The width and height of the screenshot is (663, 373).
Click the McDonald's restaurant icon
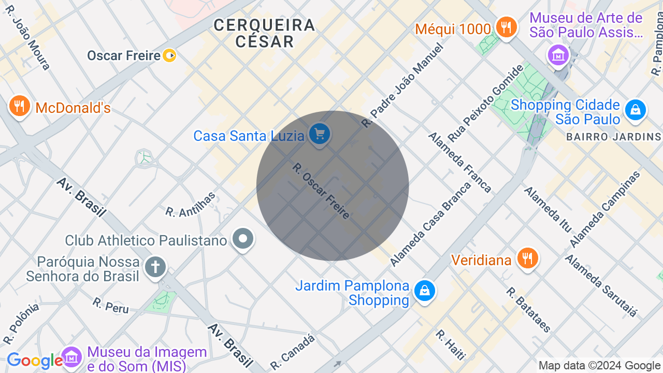pos(19,106)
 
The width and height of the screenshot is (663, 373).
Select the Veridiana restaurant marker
pos(527,258)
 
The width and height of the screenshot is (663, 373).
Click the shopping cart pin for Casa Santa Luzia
pos(320,134)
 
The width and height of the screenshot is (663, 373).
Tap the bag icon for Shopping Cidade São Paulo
pos(635,110)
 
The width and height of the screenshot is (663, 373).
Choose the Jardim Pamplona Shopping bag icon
pos(424,291)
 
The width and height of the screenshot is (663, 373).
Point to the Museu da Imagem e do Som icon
pos(72,357)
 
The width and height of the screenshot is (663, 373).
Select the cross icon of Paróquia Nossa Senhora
pos(155,267)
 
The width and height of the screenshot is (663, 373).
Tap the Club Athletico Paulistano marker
pos(242,239)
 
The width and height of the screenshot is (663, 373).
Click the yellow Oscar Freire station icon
pos(169,55)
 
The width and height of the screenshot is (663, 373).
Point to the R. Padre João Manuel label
pos(403,86)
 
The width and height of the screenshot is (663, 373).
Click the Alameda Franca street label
pos(459,162)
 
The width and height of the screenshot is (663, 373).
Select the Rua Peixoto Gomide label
pos(486,103)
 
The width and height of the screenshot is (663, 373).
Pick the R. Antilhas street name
pos(190,204)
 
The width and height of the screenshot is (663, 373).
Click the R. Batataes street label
pos(528,310)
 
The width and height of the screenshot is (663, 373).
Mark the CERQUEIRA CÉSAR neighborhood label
pos(264,33)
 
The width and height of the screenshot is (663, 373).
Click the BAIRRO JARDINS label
pos(614,137)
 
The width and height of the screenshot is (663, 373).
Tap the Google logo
pos(34,361)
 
